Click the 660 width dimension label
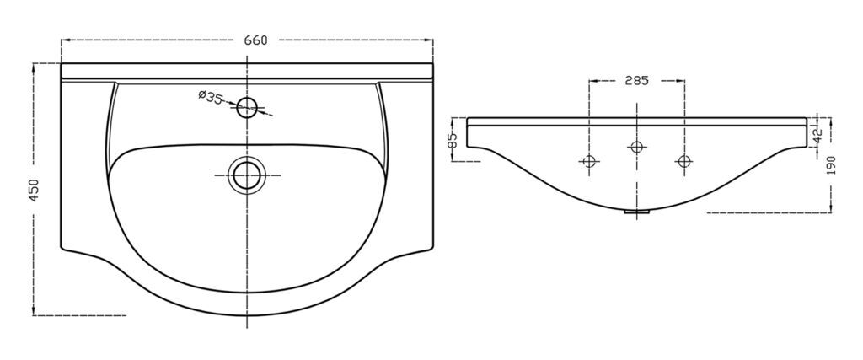pyautogui.click(x=255, y=40)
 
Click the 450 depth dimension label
pyautogui.click(x=34, y=190)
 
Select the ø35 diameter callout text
pyautogui.click(x=210, y=98)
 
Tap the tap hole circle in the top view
pyautogui.click(x=247, y=107)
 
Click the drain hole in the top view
pyautogui.click(x=247, y=175)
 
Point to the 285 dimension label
pyautogui.click(x=637, y=81)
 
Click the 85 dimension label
pyautogui.click(x=453, y=141)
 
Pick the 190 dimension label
pyautogui.click(x=831, y=165)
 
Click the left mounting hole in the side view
pyautogui.click(x=589, y=161)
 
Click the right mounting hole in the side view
pyautogui.click(x=684, y=161)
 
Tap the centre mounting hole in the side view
pyautogui.click(x=637, y=147)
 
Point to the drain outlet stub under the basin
pyautogui.click(x=637, y=212)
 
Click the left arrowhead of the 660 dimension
pyautogui.click(x=64, y=40)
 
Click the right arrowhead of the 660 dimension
pyautogui.click(x=429, y=40)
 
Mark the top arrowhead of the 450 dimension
pyautogui.click(x=34, y=67)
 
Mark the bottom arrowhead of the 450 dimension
pyautogui.click(x=34, y=312)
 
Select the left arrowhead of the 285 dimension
pyautogui.click(x=592, y=81)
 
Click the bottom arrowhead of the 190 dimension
pyautogui.click(x=831, y=208)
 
